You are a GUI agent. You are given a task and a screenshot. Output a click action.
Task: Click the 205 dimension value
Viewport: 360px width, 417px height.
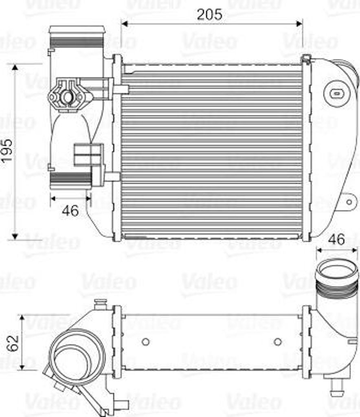click(210, 14)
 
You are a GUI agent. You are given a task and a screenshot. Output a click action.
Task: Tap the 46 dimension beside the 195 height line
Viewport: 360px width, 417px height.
click(70, 211)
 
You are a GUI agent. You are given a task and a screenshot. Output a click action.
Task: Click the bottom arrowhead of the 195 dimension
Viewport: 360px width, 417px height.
click(15, 236)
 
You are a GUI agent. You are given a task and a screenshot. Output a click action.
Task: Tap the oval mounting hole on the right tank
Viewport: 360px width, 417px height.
click(336, 93)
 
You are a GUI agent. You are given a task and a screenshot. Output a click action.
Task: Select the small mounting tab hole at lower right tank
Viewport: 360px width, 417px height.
click(349, 201)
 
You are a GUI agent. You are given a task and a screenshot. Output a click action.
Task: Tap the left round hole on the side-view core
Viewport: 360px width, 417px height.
click(145, 342)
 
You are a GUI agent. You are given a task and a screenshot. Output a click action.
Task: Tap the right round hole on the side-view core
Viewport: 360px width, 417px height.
click(278, 342)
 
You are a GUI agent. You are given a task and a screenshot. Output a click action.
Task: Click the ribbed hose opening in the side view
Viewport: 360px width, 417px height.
click(336, 270)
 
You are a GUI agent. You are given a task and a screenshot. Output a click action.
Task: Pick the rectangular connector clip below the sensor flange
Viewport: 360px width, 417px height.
click(88, 154)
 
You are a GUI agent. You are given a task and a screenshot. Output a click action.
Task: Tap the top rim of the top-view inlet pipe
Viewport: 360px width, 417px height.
click(77, 30)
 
